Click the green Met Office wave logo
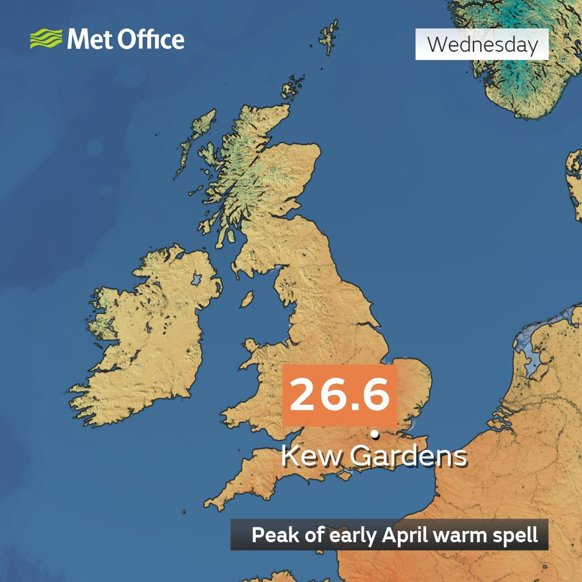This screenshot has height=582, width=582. click(x=46, y=40)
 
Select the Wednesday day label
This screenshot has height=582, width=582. click(x=482, y=44)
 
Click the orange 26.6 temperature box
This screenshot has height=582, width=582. click(x=339, y=396)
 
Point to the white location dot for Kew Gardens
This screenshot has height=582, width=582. click(x=375, y=435)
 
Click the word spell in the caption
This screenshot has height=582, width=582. click(x=517, y=535)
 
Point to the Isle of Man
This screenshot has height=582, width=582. click(x=247, y=299)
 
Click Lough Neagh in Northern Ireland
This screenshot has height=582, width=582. click(x=197, y=280)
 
